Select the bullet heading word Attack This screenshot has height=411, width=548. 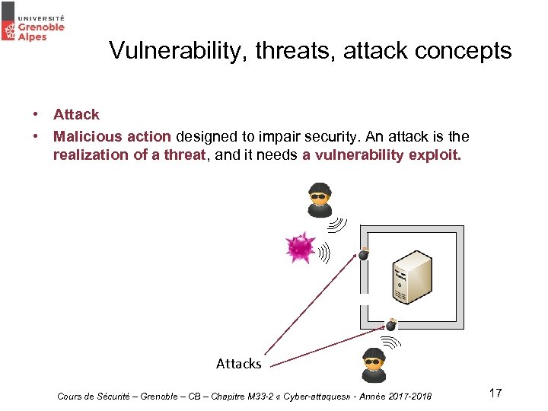pos(76,114)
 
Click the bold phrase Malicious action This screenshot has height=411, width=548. pos(112,136)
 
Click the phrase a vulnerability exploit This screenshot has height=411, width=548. pos(381,155)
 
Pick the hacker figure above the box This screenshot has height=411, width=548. pos(320,199)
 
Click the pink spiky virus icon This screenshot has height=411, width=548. pos(300,247)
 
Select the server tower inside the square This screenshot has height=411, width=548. pos(411,272)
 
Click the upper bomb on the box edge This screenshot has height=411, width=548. pos(364,254)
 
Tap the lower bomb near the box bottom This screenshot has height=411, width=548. pos(391,325)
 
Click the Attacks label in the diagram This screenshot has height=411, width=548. pos(238,364)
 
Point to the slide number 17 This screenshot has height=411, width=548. pos(495,393)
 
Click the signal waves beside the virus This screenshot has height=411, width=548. pos(324,252)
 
